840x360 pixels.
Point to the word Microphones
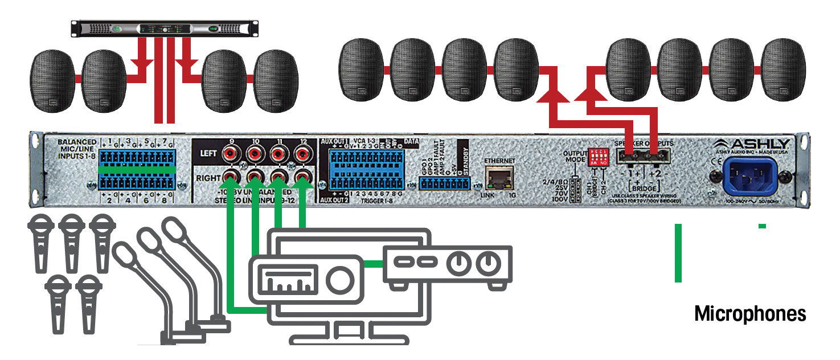pyautogui.click(x=750, y=313)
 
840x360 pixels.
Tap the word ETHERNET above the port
pyautogui.click(x=499, y=161)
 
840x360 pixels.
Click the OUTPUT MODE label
pyautogui.click(x=577, y=157)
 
